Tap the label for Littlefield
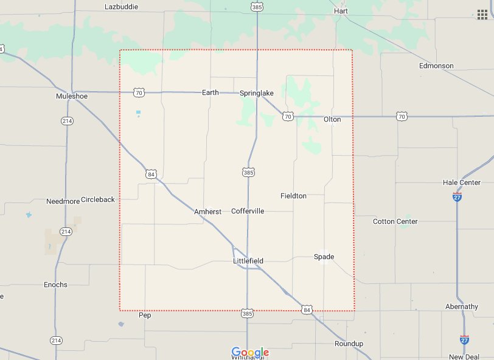coord(248,261)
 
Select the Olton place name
coord(332,119)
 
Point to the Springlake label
coord(257,93)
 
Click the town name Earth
coord(210,93)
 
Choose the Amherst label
coord(207,212)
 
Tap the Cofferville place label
coord(248,211)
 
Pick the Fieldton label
coord(293,196)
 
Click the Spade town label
coord(324,257)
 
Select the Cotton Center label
coord(395,221)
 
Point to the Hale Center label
coord(462,182)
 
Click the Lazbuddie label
coord(121,7)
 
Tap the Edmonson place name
coord(436,66)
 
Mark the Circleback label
coord(97,199)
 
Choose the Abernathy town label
coord(462,306)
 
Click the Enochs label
coord(55,285)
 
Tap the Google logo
coord(250,353)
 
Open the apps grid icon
coord(482,14)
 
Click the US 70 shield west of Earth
coord(139,92)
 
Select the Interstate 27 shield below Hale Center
coord(457,196)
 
